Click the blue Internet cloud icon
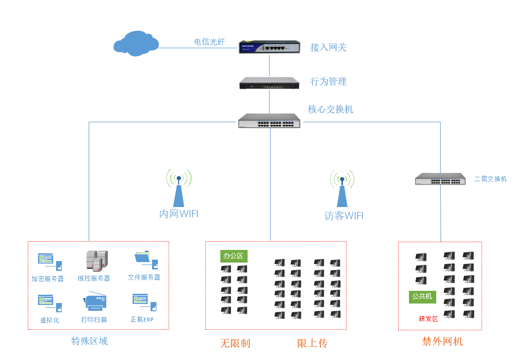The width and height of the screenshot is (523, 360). click(x=136, y=43)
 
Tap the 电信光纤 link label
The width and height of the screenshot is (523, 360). click(x=210, y=42)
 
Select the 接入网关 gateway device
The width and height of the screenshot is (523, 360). click(x=269, y=47)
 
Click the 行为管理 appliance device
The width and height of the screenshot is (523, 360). click(x=269, y=83)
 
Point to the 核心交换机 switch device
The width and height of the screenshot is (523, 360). click(x=269, y=121)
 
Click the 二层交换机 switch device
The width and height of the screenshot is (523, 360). click(x=441, y=179)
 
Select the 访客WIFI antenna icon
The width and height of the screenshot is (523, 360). click(x=342, y=191)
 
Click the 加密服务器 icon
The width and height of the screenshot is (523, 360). click(x=50, y=262)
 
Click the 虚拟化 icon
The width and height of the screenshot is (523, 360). click(x=50, y=303)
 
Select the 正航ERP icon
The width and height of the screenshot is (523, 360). click(x=144, y=302)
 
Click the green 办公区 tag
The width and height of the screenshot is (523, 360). click(x=233, y=256)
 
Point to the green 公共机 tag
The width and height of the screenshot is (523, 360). click(x=422, y=296)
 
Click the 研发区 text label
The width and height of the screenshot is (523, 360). click(x=428, y=319)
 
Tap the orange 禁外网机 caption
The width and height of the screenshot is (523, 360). click(x=442, y=341)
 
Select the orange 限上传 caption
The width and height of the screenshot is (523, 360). click(x=312, y=343)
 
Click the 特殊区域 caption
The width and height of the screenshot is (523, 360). click(x=90, y=341)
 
